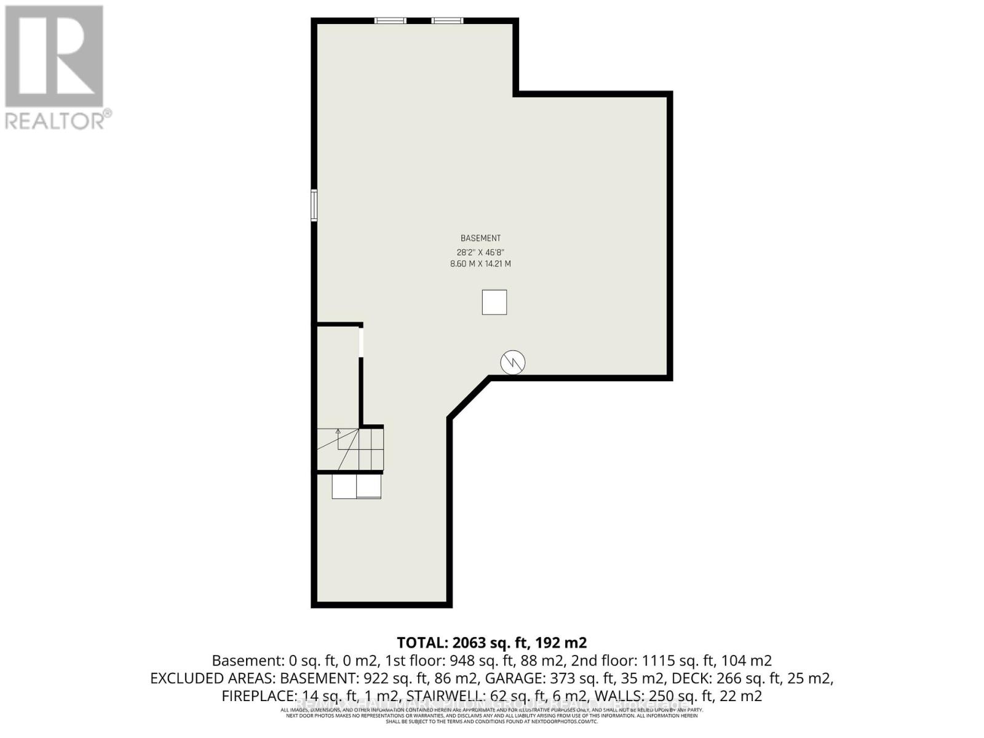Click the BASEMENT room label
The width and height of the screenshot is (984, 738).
pos(480,238)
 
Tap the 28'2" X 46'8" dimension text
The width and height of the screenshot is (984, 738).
pos(480,252)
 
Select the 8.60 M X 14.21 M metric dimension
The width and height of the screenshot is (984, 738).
pos(480,264)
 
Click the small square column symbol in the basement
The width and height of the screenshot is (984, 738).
pos(494,302)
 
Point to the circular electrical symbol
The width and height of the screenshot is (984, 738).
pos(512,362)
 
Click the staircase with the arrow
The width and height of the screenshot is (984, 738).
pos(350,449)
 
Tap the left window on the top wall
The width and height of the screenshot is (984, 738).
pos(391,21)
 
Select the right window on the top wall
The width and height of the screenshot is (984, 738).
pos(447,21)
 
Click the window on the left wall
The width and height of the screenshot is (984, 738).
pos(314,205)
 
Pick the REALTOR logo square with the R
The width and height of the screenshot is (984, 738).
pos(54,57)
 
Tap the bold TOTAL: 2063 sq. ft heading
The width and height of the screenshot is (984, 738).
pos(491,643)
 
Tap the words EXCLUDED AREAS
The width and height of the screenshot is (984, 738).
pos(213,678)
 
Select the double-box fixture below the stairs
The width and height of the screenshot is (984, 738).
pos(356,486)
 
